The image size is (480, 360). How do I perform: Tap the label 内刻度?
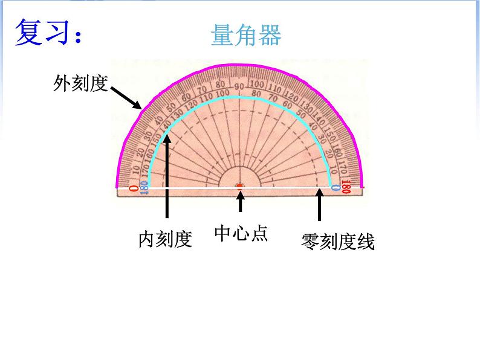165,240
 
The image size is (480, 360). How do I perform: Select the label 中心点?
241,234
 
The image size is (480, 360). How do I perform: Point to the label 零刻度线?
338,242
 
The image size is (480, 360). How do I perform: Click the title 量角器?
245,36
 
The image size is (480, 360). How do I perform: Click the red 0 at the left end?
133,188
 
